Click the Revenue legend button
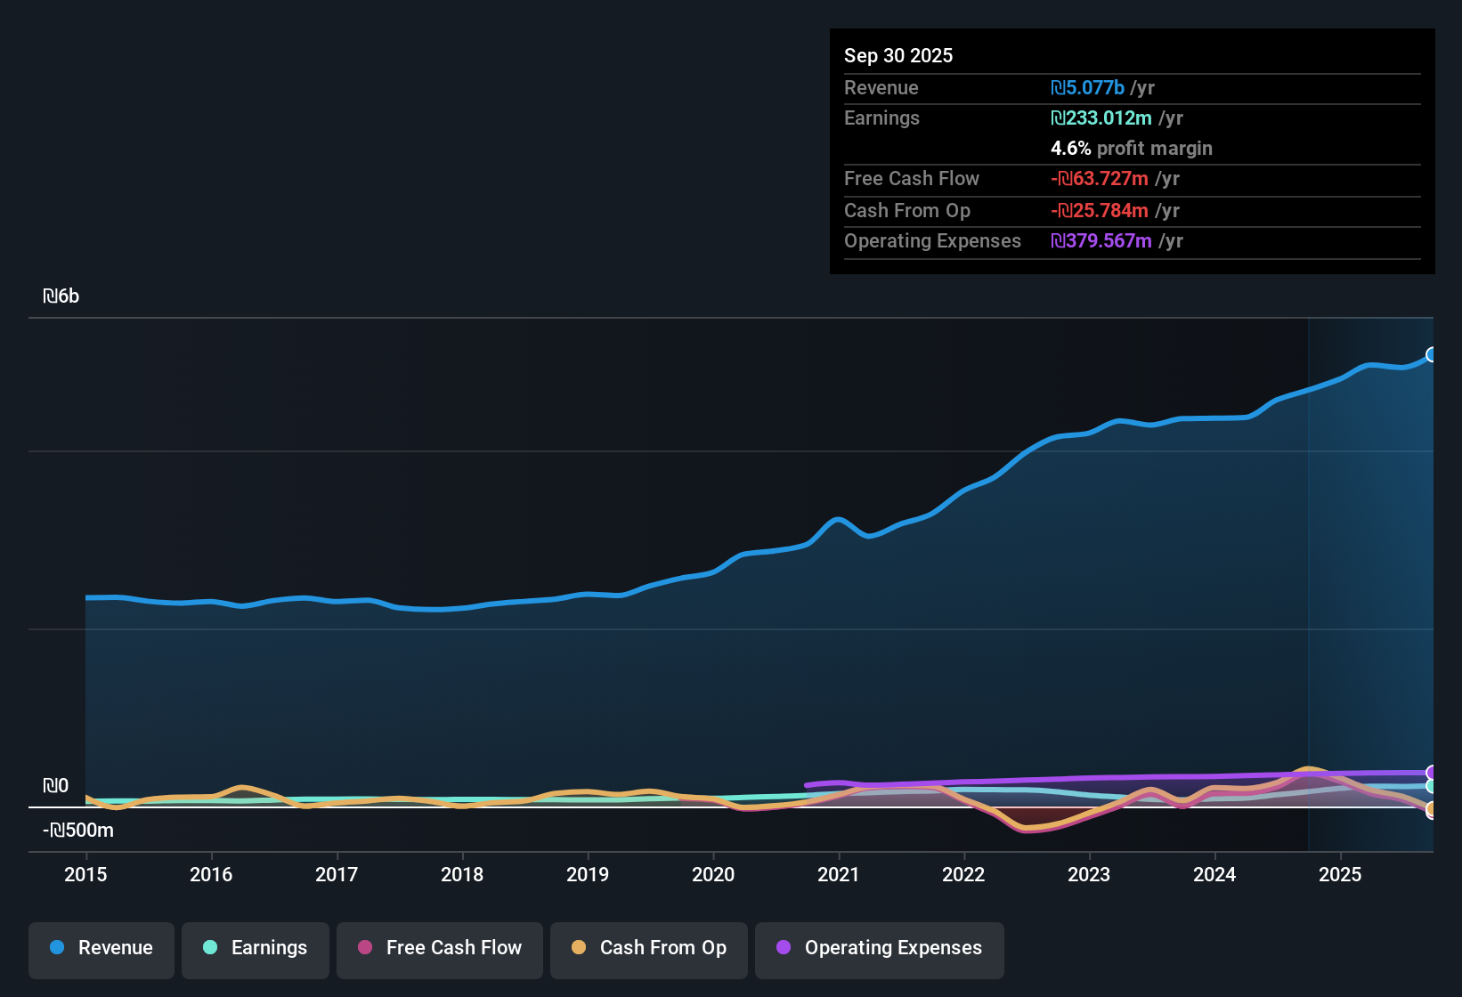click(102, 948)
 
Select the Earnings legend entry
click(256, 948)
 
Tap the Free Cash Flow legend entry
click(440, 948)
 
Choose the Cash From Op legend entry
click(649, 948)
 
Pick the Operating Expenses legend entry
click(880, 948)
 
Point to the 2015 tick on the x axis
click(85, 874)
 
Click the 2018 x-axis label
click(462, 874)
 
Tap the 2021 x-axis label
click(839, 874)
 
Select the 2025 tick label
click(1340, 874)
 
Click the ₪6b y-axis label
click(61, 296)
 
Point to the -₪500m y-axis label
click(78, 831)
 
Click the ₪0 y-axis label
click(55, 786)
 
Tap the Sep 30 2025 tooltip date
click(898, 55)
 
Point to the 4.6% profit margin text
click(1131, 148)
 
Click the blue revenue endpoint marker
click(1431, 354)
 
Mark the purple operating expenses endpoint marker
click(1431, 773)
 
